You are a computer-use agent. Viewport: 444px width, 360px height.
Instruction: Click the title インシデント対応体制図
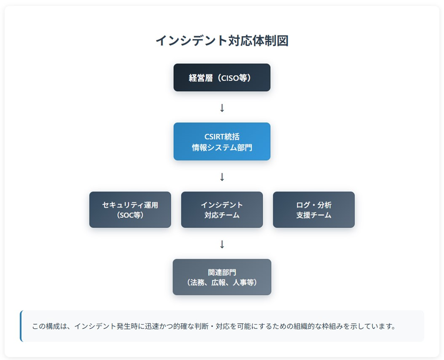click(x=222, y=41)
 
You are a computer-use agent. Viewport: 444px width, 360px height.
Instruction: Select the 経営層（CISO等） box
click(x=222, y=77)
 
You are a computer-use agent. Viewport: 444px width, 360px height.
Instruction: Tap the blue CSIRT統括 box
click(x=222, y=142)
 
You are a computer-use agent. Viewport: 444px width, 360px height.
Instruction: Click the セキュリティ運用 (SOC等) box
click(x=130, y=209)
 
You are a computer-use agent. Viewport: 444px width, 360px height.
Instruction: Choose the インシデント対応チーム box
click(x=222, y=209)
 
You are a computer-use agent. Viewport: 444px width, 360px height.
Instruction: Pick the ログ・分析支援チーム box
click(x=314, y=209)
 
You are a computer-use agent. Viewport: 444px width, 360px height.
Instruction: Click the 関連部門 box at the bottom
click(x=222, y=277)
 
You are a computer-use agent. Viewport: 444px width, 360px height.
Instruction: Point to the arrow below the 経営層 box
click(x=222, y=108)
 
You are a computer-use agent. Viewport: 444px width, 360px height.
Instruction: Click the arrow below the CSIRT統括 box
click(x=222, y=177)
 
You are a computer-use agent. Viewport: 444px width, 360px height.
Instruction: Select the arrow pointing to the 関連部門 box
click(x=222, y=244)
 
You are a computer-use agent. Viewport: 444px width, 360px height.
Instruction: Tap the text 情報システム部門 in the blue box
click(x=222, y=147)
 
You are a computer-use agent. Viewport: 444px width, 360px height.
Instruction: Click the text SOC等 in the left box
click(x=130, y=215)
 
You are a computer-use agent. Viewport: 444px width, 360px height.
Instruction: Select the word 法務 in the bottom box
click(x=197, y=282)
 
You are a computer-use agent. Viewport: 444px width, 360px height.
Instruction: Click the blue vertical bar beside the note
click(x=21, y=326)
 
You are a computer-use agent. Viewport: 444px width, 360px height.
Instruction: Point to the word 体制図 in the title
click(x=271, y=41)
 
